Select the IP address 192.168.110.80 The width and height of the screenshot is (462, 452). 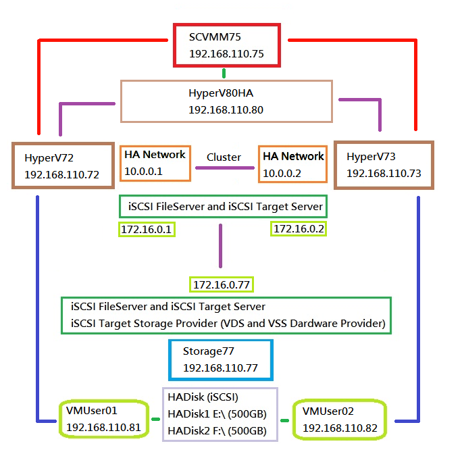coord(226,109)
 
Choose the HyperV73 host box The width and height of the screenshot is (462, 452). coord(384,165)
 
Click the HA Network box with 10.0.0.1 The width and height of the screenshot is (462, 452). coord(155,164)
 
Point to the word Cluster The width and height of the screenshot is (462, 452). coord(224,157)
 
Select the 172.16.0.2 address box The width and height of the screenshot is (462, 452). coord(299,228)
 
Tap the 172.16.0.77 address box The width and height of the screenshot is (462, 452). coord(221,284)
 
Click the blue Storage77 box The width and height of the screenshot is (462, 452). coord(220,360)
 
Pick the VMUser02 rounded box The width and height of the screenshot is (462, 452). coord(339,419)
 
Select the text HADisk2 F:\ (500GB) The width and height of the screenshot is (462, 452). coord(217,430)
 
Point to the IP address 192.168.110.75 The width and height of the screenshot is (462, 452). coord(226,53)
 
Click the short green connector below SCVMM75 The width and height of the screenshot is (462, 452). coord(226,73)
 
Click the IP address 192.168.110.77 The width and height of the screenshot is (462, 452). coord(220,368)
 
